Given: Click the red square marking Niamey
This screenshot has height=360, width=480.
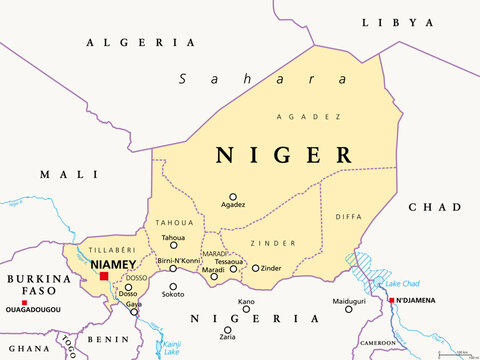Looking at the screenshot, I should [104, 275].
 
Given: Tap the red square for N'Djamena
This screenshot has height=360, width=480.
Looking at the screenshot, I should [392, 299].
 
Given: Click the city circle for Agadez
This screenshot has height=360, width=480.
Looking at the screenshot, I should [233, 197].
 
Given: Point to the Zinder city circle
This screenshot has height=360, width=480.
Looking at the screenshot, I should [256, 268].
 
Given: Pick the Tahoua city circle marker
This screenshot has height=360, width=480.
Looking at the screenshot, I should [174, 245].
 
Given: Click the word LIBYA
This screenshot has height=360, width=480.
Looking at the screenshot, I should [398, 21].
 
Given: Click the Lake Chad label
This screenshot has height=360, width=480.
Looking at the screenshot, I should [403, 283].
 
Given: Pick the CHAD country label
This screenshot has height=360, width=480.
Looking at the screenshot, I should [433, 207].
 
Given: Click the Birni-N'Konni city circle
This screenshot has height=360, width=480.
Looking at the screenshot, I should [173, 268].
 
